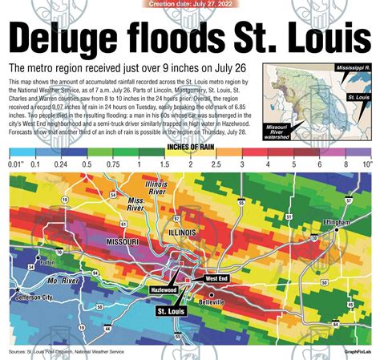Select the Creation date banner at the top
click(x=189, y=4)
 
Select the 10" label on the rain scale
click(x=366, y=164)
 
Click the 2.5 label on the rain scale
click(x=216, y=164)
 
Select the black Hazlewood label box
click(x=164, y=289)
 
